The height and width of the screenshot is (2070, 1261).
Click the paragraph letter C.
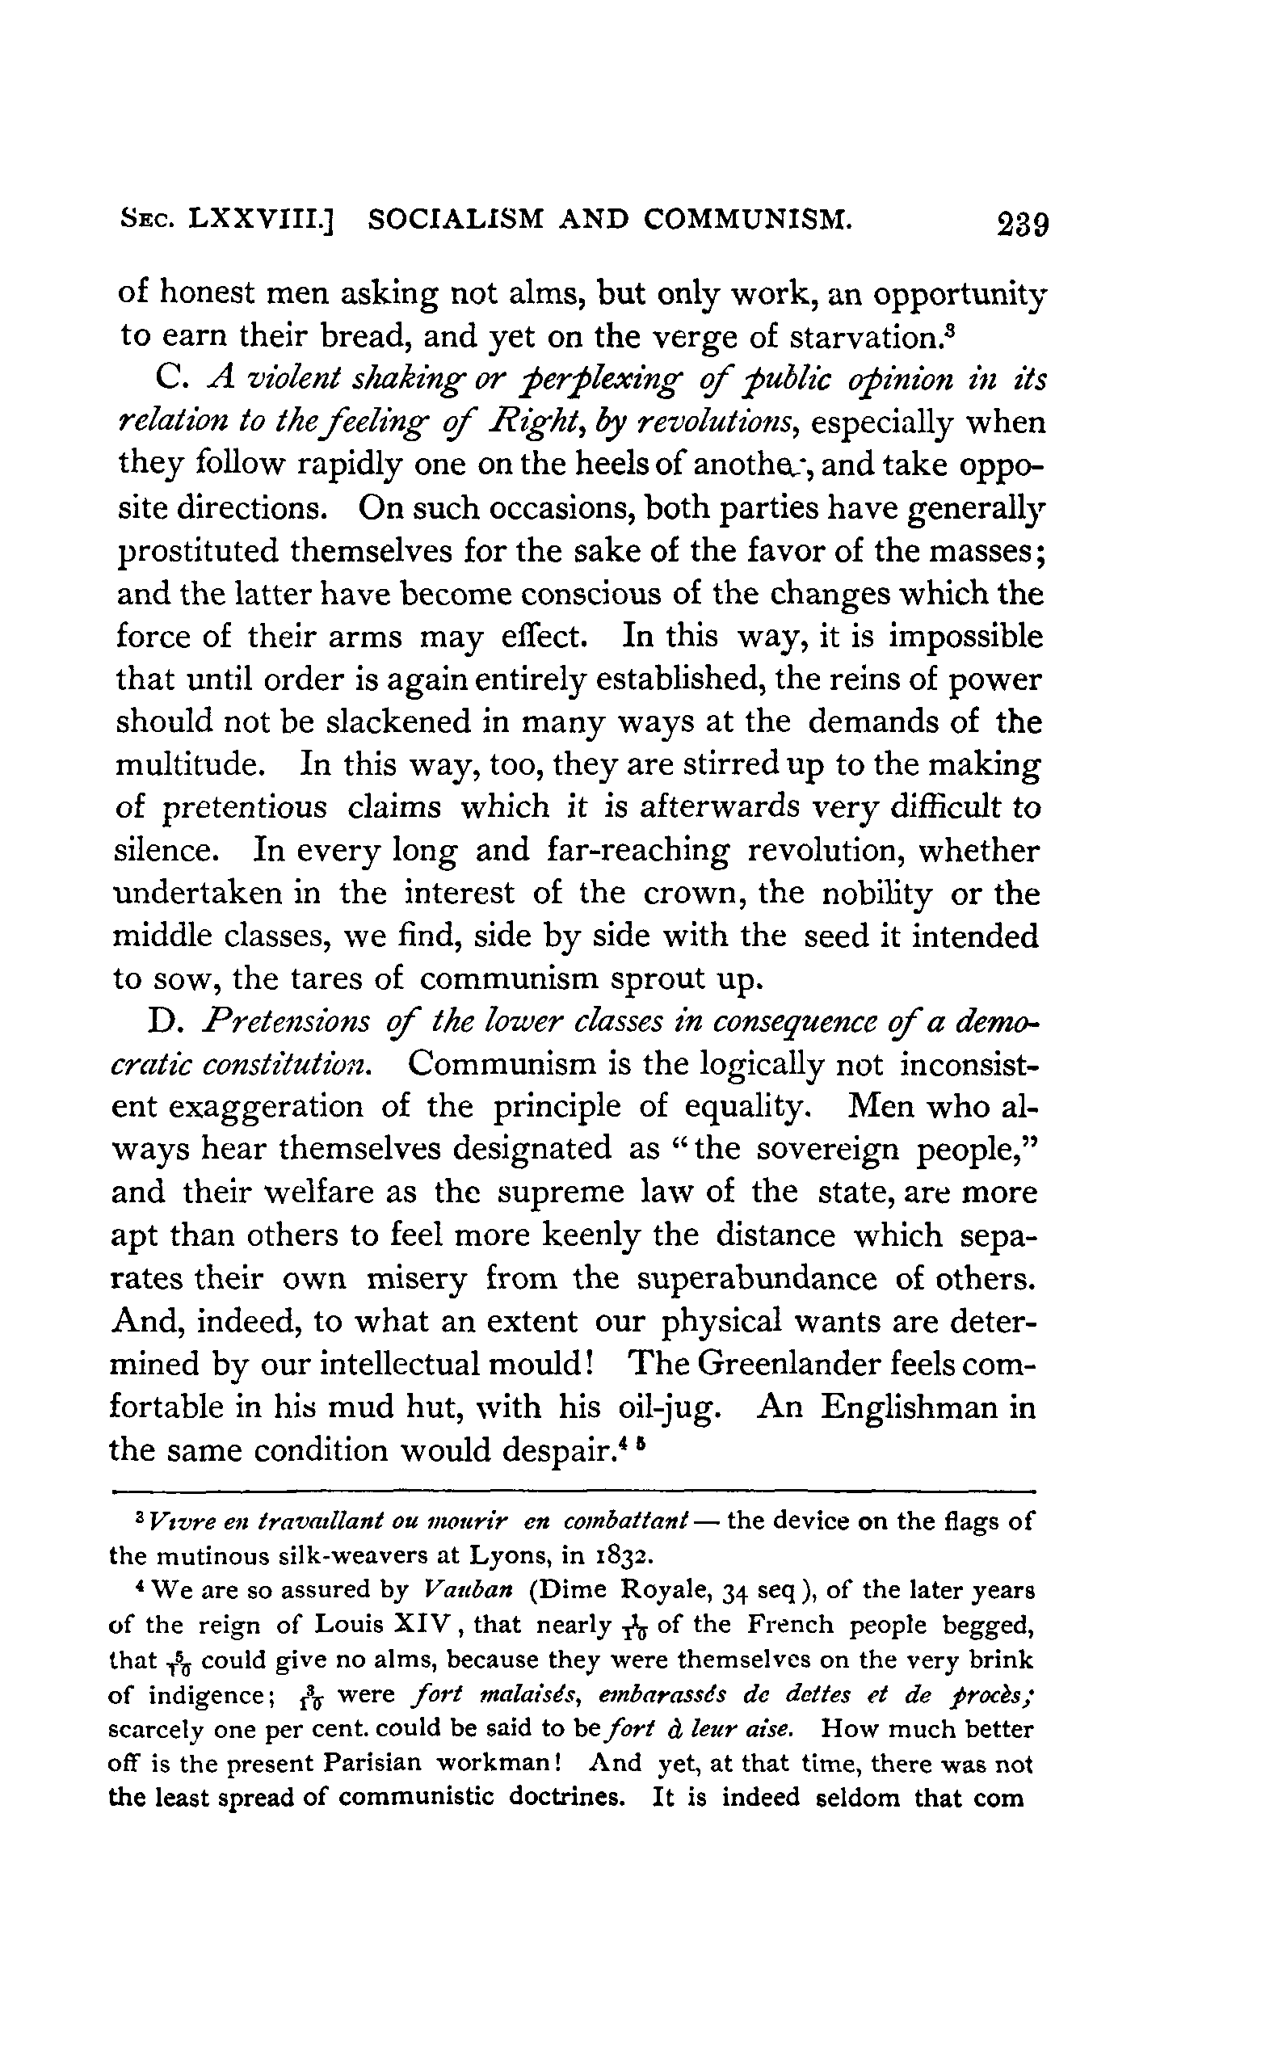pyautogui.click(x=169, y=380)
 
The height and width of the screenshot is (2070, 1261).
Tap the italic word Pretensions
pyautogui.click(x=288, y=1022)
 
